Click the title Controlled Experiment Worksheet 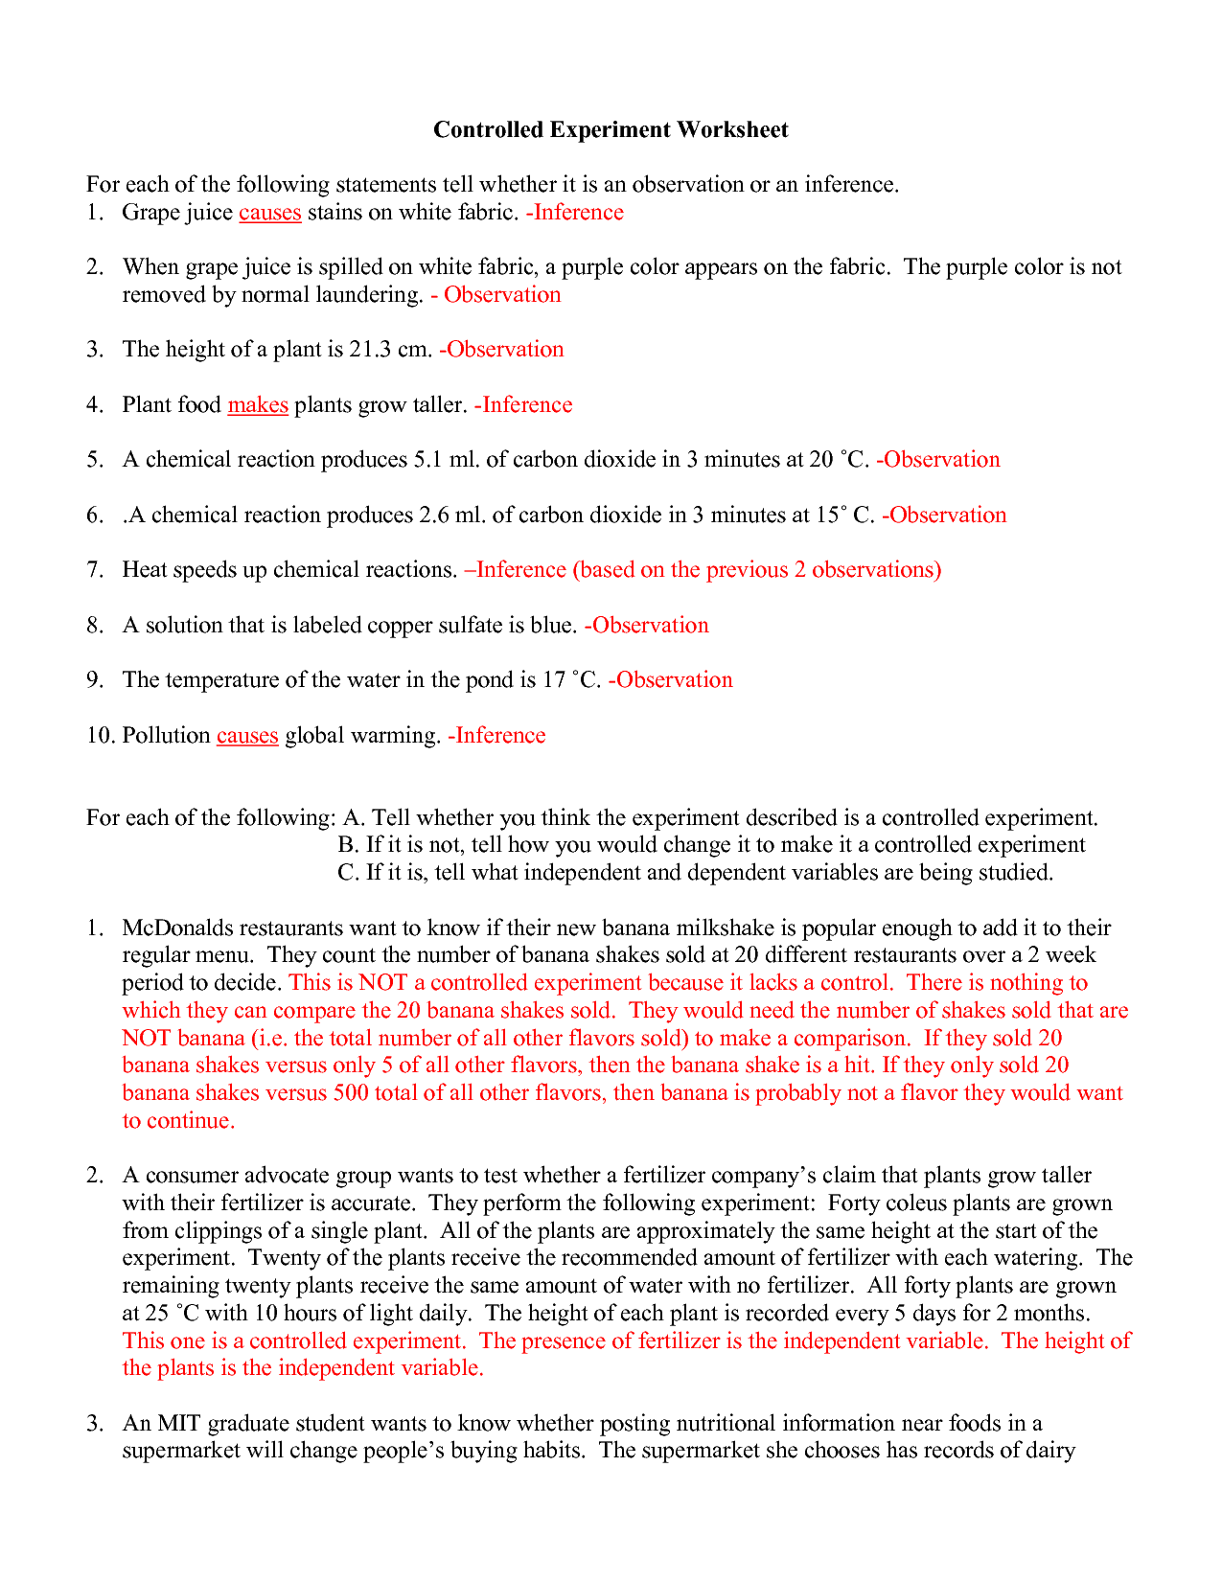pyautogui.click(x=611, y=129)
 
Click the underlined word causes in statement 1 pyautogui.click(x=269, y=213)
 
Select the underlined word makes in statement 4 pyautogui.click(x=257, y=405)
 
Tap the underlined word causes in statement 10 pyautogui.click(x=247, y=736)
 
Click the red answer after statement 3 pyautogui.click(x=502, y=350)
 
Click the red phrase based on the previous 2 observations pyautogui.click(x=756, y=570)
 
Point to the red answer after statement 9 pyautogui.click(x=671, y=680)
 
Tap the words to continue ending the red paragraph pyautogui.click(x=178, y=1121)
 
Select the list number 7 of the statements pyautogui.click(x=94, y=570)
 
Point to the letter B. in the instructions pyautogui.click(x=348, y=845)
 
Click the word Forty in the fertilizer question pyautogui.click(x=854, y=1203)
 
